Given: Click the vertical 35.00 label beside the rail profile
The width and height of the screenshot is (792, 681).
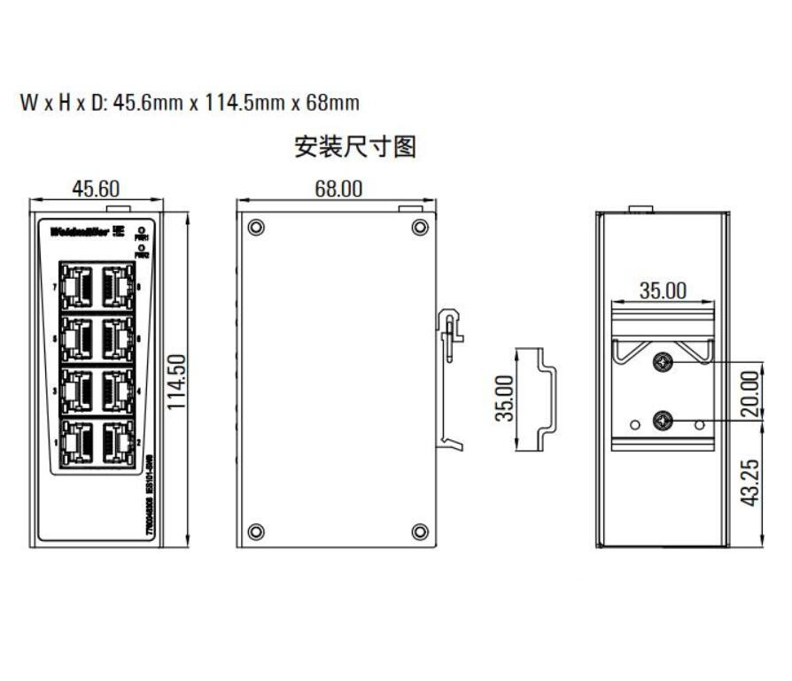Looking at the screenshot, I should click(x=504, y=396).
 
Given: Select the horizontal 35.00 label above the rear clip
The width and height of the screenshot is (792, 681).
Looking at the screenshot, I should click(x=663, y=290).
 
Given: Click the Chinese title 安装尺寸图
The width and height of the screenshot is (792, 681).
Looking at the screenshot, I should click(x=354, y=146).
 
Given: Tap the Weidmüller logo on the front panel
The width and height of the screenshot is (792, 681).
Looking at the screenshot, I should click(x=80, y=233).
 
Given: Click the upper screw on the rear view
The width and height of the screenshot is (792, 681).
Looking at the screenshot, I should click(x=662, y=361).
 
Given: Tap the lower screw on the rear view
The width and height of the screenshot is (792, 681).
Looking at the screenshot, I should click(x=662, y=422).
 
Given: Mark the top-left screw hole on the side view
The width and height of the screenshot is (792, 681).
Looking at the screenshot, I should click(x=256, y=227).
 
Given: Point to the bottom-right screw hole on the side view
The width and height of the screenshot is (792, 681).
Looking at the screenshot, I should click(x=420, y=532).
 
